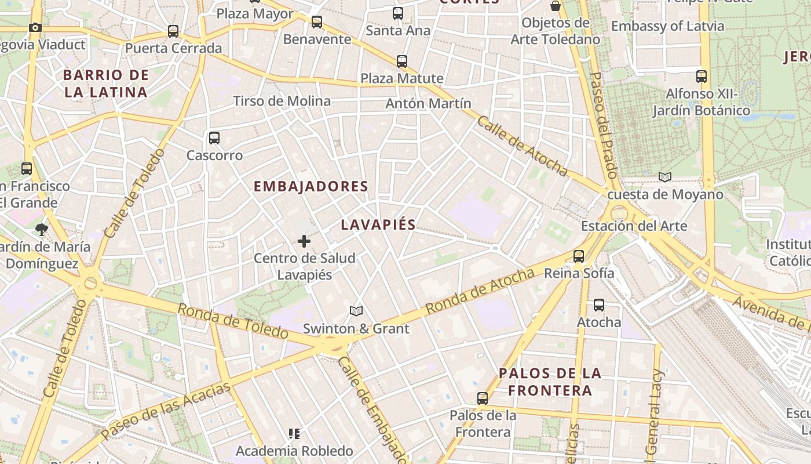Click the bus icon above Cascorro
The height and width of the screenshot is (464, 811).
[x=214, y=138]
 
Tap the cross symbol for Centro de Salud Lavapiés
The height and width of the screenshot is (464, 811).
[x=304, y=241]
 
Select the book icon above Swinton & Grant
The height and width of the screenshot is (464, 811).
[x=356, y=311]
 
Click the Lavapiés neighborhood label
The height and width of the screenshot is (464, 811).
[x=378, y=225]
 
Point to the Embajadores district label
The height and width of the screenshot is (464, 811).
[x=311, y=186]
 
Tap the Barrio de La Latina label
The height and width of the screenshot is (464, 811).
[x=106, y=84]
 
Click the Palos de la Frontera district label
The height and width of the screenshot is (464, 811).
[x=550, y=382]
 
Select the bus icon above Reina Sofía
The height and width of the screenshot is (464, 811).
[x=578, y=256]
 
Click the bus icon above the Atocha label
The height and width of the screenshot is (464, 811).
[x=599, y=305]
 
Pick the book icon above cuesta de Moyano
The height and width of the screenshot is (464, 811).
[x=664, y=177]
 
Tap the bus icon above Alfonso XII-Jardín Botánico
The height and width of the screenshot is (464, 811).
[x=701, y=76]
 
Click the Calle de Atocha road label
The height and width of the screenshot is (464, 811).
[x=522, y=146]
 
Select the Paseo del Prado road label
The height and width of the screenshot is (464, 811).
[x=604, y=125]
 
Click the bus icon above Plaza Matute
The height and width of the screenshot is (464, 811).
[x=401, y=61]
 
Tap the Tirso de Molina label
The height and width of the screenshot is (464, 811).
[x=282, y=101]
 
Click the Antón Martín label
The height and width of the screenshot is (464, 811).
[x=428, y=103]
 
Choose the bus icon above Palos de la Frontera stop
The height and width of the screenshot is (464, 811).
[x=483, y=398]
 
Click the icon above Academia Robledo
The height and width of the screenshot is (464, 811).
[x=294, y=434]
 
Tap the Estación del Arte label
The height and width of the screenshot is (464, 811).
[x=634, y=226]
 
